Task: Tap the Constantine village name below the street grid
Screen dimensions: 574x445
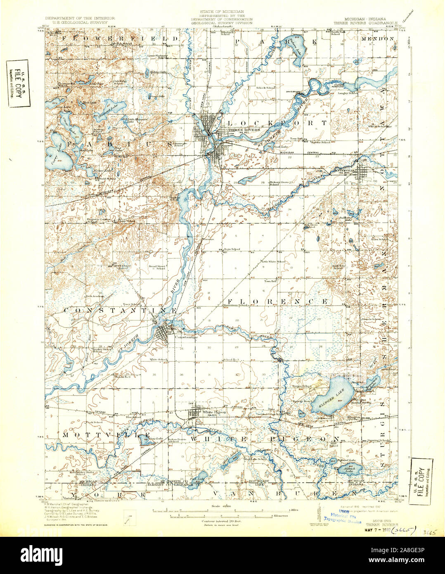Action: point(186,337)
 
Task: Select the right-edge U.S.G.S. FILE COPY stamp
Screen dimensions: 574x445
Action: point(421,481)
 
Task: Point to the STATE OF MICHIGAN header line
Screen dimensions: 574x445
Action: point(222,11)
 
